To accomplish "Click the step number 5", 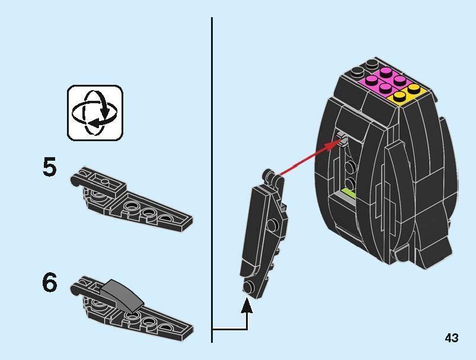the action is click(49, 167).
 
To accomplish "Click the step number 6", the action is click(49, 282).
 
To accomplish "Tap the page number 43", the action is click(452, 338).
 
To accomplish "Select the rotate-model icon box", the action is click(95, 113).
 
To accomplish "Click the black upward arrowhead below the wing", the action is click(247, 305).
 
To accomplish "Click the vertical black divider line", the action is click(212, 180).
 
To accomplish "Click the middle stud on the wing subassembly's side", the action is click(272, 225).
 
